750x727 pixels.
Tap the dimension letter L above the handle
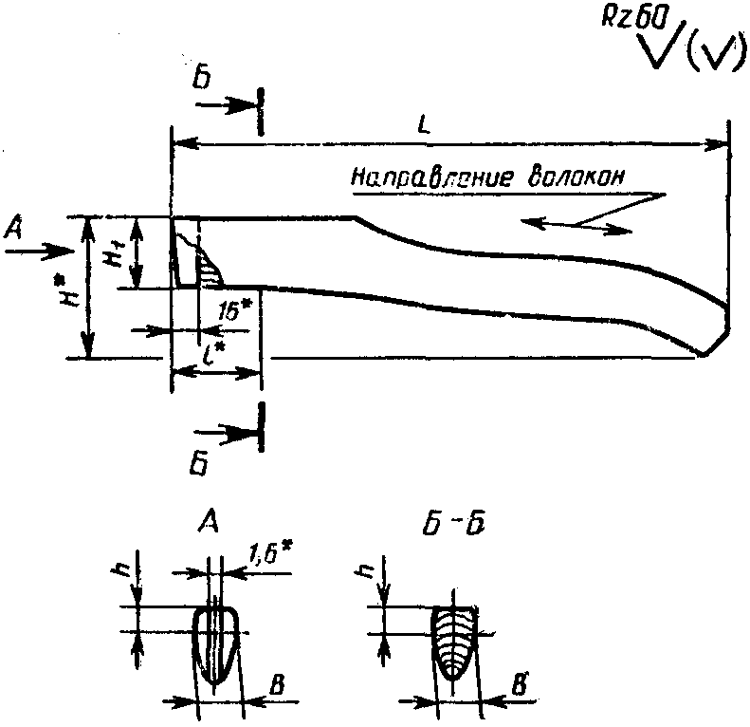pyautogui.click(x=423, y=124)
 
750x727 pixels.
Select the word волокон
pyautogui.click(x=576, y=177)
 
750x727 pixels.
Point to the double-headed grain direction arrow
pyautogui.click(x=576, y=226)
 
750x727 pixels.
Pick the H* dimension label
pyautogui.click(x=72, y=292)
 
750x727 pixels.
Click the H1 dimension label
pyautogui.click(x=114, y=252)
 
